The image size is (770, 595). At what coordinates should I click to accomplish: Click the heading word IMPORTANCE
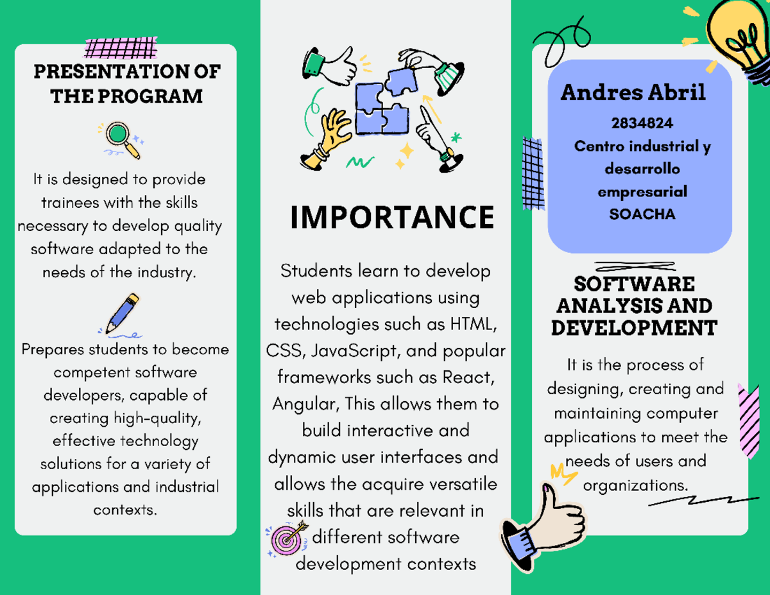[x=392, y=217]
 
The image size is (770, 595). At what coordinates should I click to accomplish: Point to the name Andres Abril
[x=633, y=93]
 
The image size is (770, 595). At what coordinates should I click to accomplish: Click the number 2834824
[x=642, y=123]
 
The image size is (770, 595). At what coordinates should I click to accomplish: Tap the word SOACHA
[x=642, y=214]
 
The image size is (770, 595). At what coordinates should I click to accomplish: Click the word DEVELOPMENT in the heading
[x=634, y=328]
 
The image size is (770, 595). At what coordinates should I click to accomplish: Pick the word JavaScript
[x=355, y=351]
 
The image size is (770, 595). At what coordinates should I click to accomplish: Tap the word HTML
[x=473, y=324]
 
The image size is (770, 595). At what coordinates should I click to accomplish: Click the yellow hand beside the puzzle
[x=326, y=140]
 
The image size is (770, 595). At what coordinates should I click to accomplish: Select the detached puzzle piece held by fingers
[x=401, y=82]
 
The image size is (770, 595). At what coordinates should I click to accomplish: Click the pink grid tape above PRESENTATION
[x=121, y=47]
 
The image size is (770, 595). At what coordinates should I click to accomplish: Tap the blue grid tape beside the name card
[x=533, y=173]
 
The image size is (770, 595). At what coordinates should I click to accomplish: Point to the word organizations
[x=635, y=485]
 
